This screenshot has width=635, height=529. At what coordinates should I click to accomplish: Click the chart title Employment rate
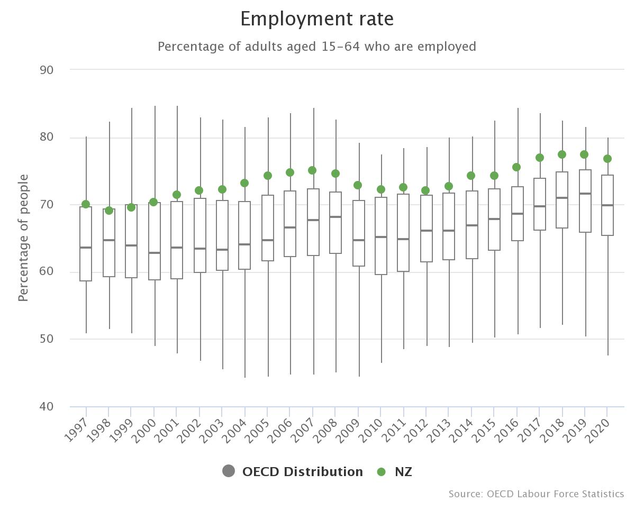pyautogui.click(x=317, y=19)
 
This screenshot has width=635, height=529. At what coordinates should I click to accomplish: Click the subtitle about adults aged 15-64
pyautogui.click(x=317, y=47)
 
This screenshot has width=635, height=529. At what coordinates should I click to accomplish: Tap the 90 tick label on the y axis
pyautogui.click(x=47, y=70)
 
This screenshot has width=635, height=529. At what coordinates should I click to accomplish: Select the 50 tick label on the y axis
pyautogui.click(x=47, y=339)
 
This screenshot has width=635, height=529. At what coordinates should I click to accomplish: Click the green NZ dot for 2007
pyautogui.click(x=312, y=170)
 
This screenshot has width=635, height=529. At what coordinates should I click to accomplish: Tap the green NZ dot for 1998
pyautogui.click(x=109, y=211)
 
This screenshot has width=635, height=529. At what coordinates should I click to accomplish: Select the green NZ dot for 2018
pyautogui.click(x=562, y=154)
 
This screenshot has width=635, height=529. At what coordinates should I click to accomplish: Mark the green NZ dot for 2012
pyautogui.click(x=425, y=190)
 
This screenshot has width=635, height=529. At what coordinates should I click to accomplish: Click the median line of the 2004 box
pyautogui.click(x=244, y=244)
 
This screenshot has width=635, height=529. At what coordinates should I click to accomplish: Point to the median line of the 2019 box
pyautogui.click(x=585, y=194)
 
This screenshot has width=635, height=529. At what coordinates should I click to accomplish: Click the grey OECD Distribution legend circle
pyautogui.click(x=229, y=471)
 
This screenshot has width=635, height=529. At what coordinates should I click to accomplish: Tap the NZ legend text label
pyautogui.click(x=403, y=472)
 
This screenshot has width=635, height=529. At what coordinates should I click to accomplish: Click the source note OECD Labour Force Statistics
pyautogui.click(x=536, y=494)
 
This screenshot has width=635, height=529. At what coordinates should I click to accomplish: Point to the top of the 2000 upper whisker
pyautogui.click(x=155, y=106)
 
